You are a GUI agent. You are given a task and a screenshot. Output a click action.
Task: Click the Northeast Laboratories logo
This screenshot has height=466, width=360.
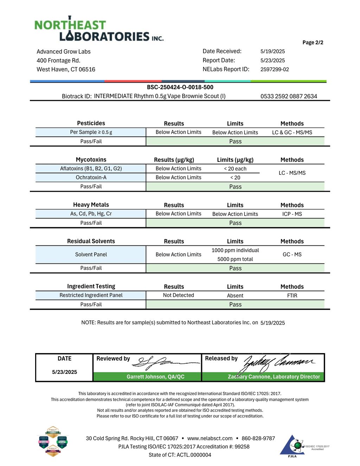(99, 29)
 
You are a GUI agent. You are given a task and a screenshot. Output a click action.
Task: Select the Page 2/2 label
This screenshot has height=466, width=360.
(313, 43)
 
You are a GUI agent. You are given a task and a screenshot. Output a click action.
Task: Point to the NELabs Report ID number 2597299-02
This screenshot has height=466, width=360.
(275, 69)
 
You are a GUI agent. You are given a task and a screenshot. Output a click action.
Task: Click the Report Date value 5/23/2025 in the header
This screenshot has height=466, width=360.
(272, 60)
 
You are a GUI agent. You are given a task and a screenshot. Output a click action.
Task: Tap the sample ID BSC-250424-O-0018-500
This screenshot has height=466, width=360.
(180, 87)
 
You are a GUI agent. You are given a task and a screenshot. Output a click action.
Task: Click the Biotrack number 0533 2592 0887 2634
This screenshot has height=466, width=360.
(289, 96)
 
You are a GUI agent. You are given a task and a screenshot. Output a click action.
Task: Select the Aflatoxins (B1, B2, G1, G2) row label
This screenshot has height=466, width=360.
(91, 168)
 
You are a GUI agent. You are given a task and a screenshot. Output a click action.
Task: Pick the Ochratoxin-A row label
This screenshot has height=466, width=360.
(91, 178)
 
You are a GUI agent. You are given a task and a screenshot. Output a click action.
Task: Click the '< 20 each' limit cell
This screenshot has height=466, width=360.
(235, 169)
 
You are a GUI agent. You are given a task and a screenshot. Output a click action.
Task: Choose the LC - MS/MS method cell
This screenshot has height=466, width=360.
(292, 173)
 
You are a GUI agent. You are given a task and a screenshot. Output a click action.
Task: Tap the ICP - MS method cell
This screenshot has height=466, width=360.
(292, 214)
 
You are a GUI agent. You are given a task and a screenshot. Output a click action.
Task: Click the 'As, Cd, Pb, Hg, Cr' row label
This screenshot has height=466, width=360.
(91, 214)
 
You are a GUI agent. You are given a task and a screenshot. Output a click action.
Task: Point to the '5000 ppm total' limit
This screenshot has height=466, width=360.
(235, 259)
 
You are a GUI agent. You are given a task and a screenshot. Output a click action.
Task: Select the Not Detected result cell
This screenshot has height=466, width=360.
(178, 295)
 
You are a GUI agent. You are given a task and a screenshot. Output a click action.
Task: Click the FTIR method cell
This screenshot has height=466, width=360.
(292, 296)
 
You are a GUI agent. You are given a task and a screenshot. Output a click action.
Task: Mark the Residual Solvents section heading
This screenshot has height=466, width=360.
(91, 241)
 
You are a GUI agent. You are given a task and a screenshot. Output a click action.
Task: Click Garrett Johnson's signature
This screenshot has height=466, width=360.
(165, 363)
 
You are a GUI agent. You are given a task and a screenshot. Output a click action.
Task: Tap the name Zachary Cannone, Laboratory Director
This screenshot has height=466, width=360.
(274, 377)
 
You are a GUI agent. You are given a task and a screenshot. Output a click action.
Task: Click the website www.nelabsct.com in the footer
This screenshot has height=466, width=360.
(210, 438)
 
